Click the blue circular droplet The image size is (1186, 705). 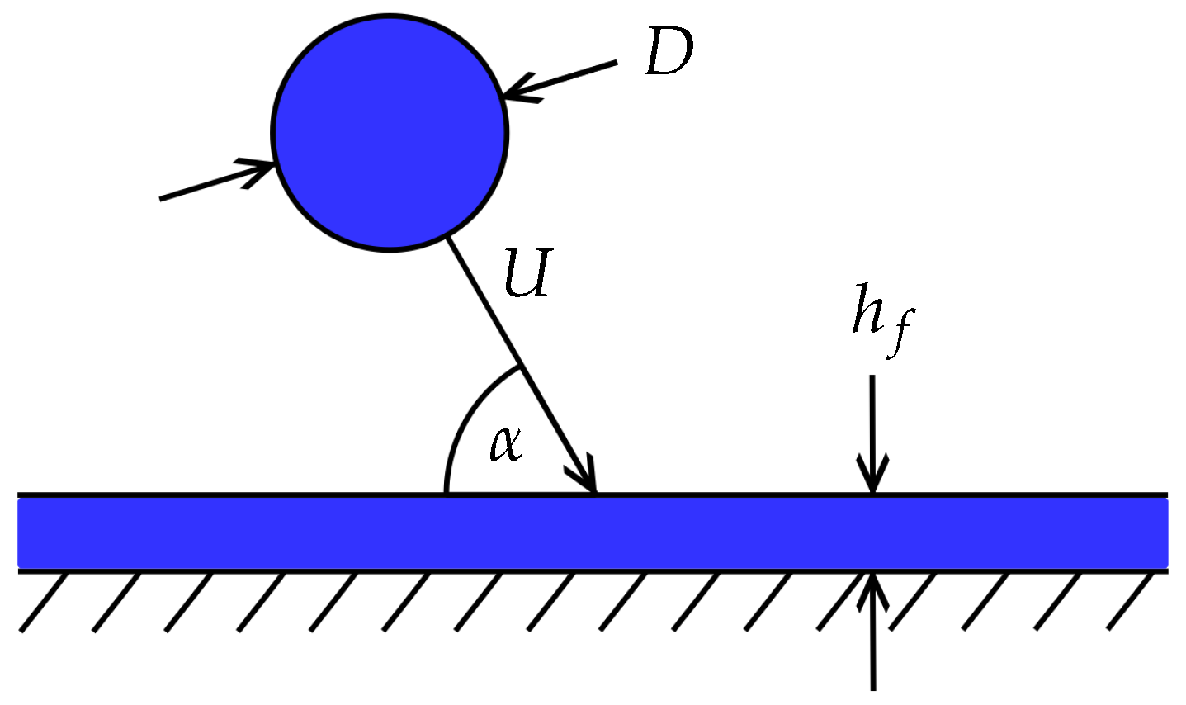click(390, 133)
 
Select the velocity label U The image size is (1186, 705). click(527, 274)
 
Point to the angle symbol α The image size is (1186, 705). click(505, 444)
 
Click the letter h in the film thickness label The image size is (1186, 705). click(869, 310)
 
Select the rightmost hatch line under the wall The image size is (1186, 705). click(1132, 603)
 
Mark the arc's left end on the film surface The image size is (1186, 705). click(447, 492)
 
